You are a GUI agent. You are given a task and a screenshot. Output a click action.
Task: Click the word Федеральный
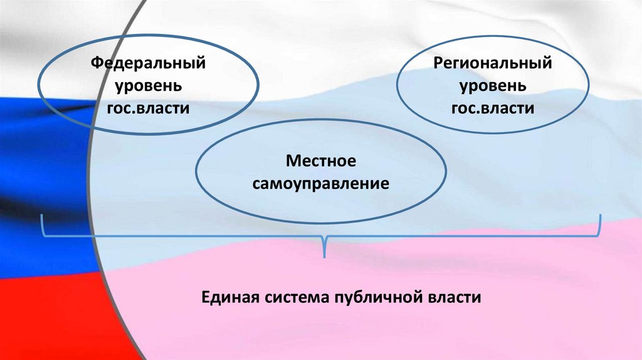coord(148,63)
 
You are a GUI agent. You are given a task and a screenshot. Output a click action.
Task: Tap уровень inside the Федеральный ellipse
coord(148,86)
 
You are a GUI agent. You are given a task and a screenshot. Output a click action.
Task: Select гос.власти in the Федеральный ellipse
coord(148,108)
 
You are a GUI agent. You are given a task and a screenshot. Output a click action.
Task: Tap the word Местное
coord(321,161)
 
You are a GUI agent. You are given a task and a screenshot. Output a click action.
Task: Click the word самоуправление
coord(321,184)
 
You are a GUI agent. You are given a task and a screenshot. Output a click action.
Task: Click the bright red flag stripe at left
coord(38,314)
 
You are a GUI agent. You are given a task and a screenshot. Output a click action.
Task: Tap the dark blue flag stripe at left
coord(31,144)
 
